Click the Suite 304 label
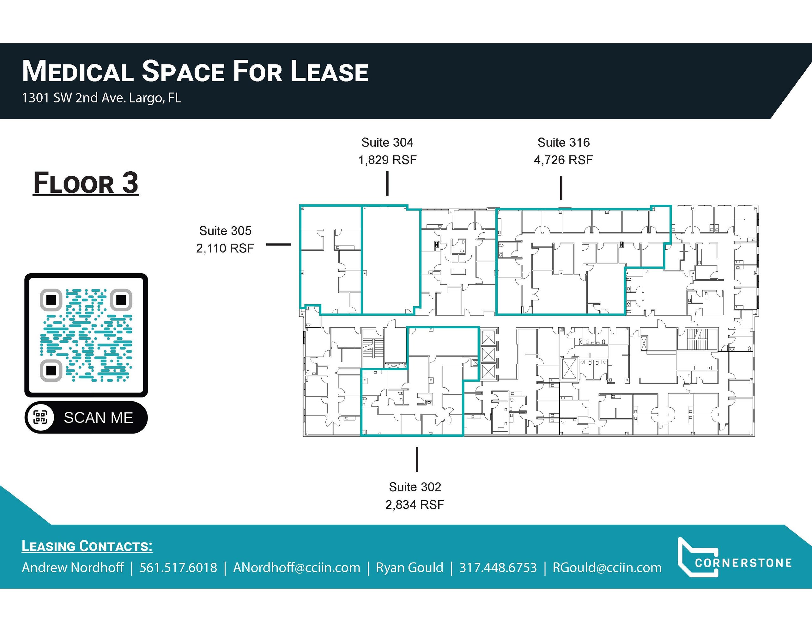click(x=387, y=143)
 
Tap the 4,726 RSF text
click(x=563, y=160)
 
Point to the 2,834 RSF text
click(x=415, y=504)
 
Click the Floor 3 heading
click(x=86, y=183)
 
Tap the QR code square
click(x=86, y=335)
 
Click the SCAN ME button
click(x=86, y=417)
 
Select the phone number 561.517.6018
click(x=178, y=568)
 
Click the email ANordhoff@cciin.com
click(x=297, y=568)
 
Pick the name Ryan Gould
click(x=409, y=568)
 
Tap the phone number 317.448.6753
click(x=498, y=568)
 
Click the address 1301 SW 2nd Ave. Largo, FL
click(x=101, y=98)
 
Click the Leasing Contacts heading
click(x=87, y=546)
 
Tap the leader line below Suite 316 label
click(x=561, y=188)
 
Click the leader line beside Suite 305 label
click(x=278, y=244)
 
